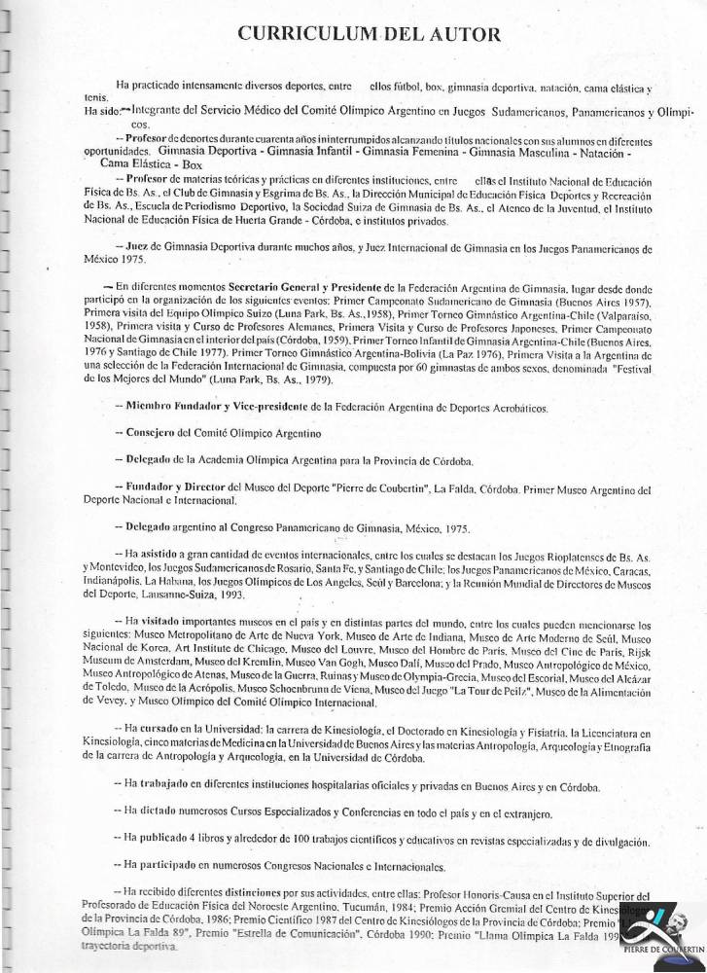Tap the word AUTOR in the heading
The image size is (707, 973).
(462, 35)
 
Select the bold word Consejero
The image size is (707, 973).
(156, 430)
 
